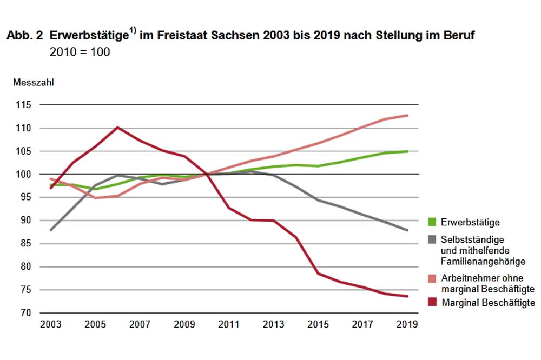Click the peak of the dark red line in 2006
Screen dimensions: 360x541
pos(118,128)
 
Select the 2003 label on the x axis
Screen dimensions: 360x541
pos(51,325)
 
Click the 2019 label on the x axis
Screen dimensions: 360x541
pos(407,325)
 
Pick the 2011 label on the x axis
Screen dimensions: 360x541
pos(229,325)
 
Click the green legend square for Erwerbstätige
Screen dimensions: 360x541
pos(431,222)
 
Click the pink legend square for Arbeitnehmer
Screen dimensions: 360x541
pos(431,277)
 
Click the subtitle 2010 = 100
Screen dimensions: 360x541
pos(80,52)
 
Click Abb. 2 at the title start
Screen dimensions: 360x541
pos(23,36)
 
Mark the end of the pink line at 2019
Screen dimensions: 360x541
pos(407,115)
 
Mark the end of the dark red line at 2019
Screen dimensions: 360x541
pos(407,296)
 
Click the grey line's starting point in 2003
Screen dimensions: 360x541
pos(51,230)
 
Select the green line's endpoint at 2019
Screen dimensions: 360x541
pos(407,151)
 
